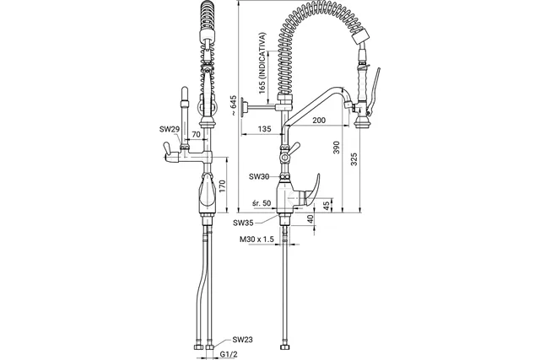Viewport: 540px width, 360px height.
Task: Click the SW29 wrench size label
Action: pos(170,129)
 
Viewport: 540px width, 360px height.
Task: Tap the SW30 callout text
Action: pos(259,176)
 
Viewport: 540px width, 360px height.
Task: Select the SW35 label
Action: pos(243,223)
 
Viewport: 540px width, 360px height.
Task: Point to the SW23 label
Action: pos(242,340)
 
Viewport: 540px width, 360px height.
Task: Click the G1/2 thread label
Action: pos(229,354)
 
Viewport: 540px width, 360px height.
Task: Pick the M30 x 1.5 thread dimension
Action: pos(256,239)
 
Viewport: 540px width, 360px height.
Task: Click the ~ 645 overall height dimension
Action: pos(234,105)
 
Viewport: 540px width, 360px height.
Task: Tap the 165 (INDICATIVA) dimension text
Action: pos(262,63)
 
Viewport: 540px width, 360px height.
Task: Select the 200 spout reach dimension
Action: pos(319,121)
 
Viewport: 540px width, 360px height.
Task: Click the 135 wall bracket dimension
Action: pos(264,129)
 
